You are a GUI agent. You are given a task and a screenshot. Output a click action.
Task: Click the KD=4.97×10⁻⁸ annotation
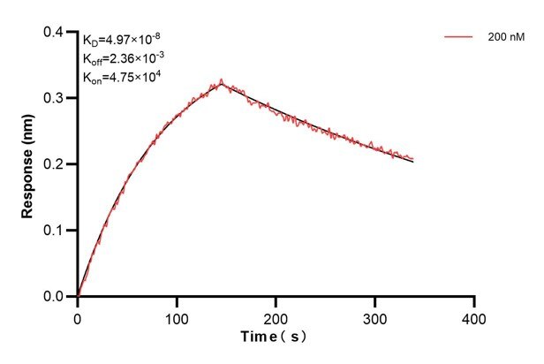122,40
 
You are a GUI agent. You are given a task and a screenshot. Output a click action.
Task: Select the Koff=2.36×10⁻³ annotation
123,58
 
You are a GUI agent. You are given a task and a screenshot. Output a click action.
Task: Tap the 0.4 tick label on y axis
55,33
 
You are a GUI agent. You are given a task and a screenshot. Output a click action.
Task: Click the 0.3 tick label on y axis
55,98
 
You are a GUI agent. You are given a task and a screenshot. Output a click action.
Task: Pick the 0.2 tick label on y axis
55,164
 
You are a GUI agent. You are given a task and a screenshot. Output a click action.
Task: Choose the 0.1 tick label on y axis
55,231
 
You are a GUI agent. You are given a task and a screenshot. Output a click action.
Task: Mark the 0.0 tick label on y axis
55,297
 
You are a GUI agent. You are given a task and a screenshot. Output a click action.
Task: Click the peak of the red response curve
221,80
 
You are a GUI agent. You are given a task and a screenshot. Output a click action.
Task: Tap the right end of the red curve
412,159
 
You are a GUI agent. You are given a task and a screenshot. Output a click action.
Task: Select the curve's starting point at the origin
78,296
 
